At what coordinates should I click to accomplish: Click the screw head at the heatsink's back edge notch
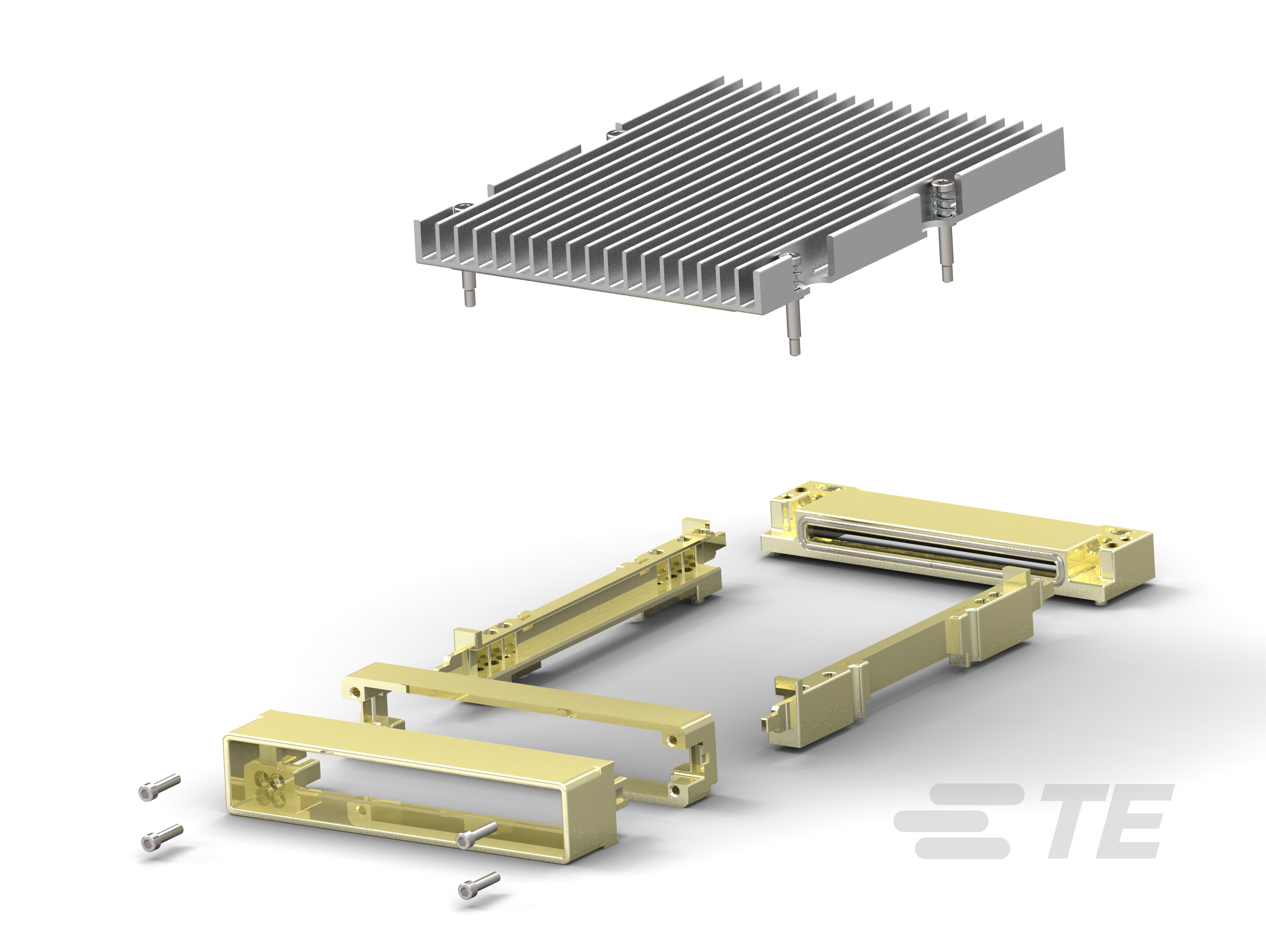(611, 133)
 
